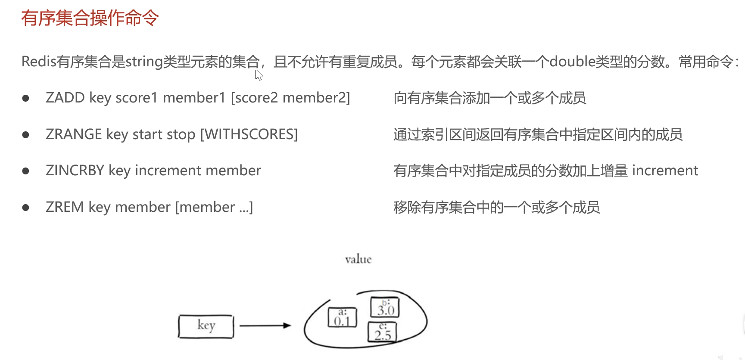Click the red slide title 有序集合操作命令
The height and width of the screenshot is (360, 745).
click(x=90, y=18)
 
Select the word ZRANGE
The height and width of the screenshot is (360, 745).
click(x=74, y=134)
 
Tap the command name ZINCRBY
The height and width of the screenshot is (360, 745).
click(x=75, y=171)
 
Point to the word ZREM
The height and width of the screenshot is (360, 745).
click(x=65, y=207)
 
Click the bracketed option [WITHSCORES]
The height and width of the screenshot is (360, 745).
click(x=249, y=134)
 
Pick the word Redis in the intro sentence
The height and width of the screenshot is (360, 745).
click(x=39, y=62)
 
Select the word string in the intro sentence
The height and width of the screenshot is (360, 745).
click(x=144, y=62)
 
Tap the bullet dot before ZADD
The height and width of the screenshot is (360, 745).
click(x=26, y=98)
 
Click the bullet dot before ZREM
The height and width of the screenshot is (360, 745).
click(x=26, y=208)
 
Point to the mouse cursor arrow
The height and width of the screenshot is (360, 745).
click(x=259, y=75)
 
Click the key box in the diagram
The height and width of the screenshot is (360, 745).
click(x=206, y=326)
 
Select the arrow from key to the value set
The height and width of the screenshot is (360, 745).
click(x=265, y=326)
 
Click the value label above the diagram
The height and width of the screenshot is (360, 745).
click(x=358, y=259)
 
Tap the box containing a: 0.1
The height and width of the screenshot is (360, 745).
click(x=343, y=318)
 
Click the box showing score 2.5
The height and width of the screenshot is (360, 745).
click(x=382, y=332)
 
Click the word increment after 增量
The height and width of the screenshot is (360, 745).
click(x=665, y=171)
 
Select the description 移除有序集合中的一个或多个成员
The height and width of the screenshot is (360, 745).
click(x=496, y=208)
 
